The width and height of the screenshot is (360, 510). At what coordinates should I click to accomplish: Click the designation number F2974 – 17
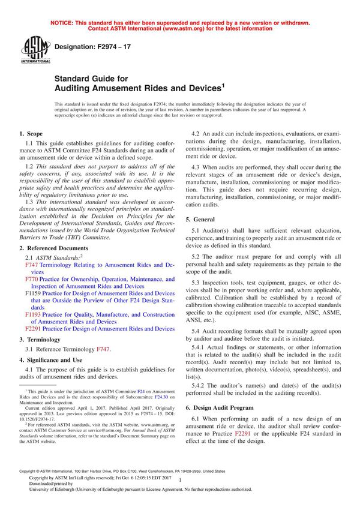91,46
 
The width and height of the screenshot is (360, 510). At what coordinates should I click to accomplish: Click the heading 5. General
203,220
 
